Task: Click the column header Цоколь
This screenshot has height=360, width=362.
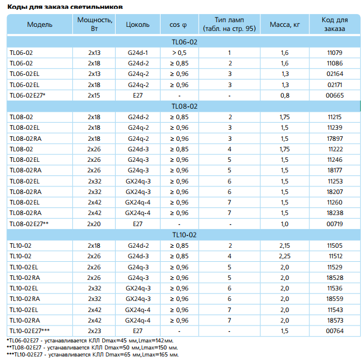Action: click(138, 25)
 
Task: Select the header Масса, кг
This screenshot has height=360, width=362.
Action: click(285, 25)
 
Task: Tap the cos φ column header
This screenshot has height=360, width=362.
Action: click(178, 25)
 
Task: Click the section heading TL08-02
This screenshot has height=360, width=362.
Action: click(185, 106)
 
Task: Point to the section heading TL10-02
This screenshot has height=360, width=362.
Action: click(185, 235)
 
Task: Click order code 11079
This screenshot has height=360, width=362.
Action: click(335, 53)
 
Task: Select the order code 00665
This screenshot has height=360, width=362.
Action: click(335, 95)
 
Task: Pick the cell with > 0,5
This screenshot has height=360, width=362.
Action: click(179, 53)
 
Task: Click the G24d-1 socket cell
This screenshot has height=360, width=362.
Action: click(138, 53)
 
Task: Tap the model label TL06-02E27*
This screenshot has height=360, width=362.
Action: click(27, 95)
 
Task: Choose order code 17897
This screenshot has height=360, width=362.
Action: click(335, 139)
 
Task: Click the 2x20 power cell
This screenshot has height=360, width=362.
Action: click(94, 224)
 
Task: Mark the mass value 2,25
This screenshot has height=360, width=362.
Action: click(285, 256)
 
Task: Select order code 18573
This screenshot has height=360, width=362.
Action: click(335, 320)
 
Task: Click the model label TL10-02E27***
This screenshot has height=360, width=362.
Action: click(30, 331)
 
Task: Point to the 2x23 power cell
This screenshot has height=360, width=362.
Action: click(94, 331)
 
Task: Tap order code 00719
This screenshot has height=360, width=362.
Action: click(335, 224)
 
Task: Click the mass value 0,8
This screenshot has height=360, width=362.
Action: click(285, 95)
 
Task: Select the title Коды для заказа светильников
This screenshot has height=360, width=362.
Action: click(65, 7)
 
